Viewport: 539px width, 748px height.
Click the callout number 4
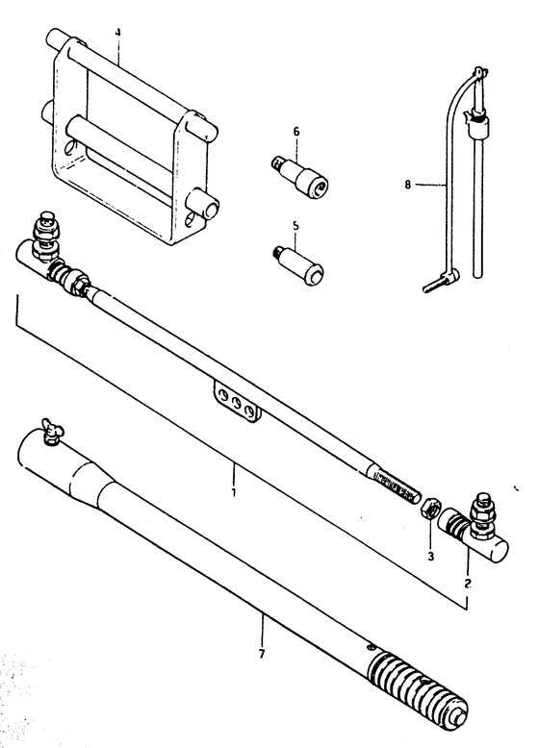tap(118, 33)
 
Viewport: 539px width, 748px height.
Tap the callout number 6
tap(296, 131)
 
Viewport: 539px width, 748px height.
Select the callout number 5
tap(296, 225)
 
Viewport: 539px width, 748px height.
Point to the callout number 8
tap(407, 185)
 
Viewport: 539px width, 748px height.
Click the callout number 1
tap(234, 491)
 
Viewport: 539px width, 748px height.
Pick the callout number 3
tap(430, 557)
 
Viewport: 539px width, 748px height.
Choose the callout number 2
tap(468, 583)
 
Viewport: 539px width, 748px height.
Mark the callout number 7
tap(262, 654)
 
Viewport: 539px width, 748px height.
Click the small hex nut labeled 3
tap(429, 510)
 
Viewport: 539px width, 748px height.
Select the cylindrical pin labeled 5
tap(298, 264)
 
